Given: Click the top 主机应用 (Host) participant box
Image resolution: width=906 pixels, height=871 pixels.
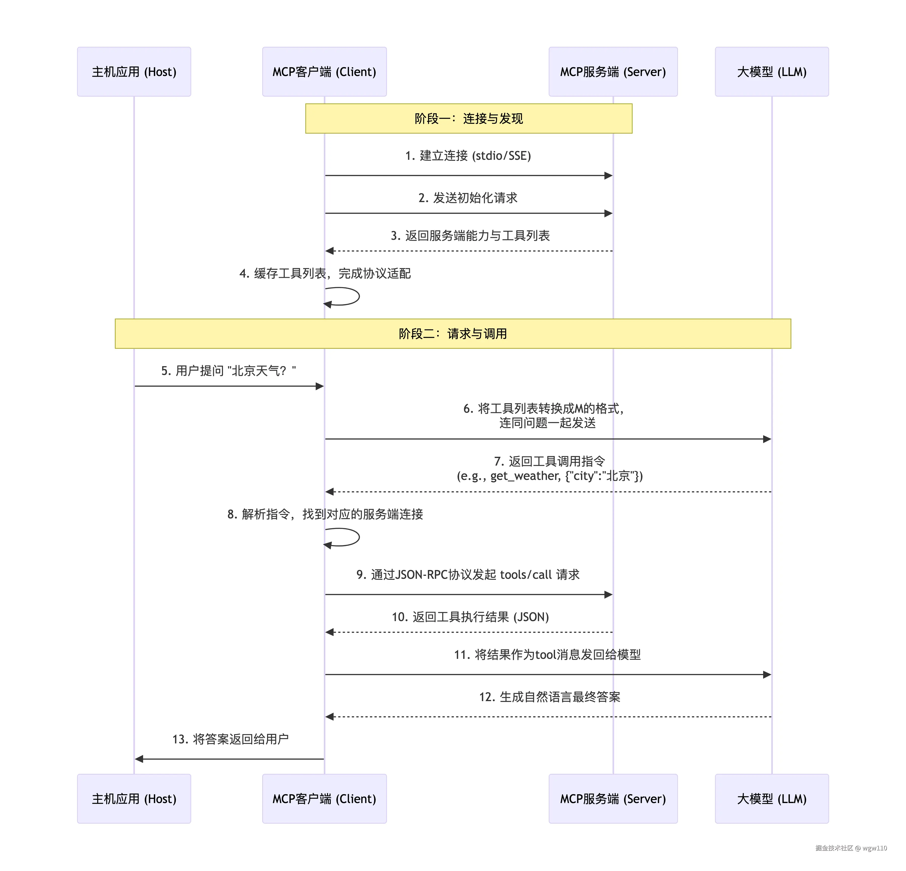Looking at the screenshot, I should [134, 71].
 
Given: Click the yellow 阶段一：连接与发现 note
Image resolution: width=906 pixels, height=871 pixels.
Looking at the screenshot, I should [468, 119].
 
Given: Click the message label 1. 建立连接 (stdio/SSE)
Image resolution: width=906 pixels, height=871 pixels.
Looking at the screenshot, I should [468, 156].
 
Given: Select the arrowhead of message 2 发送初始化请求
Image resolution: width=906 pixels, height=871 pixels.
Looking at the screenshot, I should [608, 213].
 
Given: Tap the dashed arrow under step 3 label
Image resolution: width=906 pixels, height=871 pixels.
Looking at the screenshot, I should [468, 251].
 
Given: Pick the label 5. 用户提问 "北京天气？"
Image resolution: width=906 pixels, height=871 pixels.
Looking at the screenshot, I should [228, 371].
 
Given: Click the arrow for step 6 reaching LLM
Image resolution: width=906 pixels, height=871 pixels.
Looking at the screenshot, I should [766, 439].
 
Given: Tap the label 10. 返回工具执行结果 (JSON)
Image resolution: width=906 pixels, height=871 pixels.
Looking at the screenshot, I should [470, 617].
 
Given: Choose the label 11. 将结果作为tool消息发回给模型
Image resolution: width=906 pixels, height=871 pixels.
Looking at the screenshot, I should [547, 654].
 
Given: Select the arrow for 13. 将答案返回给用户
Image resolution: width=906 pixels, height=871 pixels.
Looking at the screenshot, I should [229, 759].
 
